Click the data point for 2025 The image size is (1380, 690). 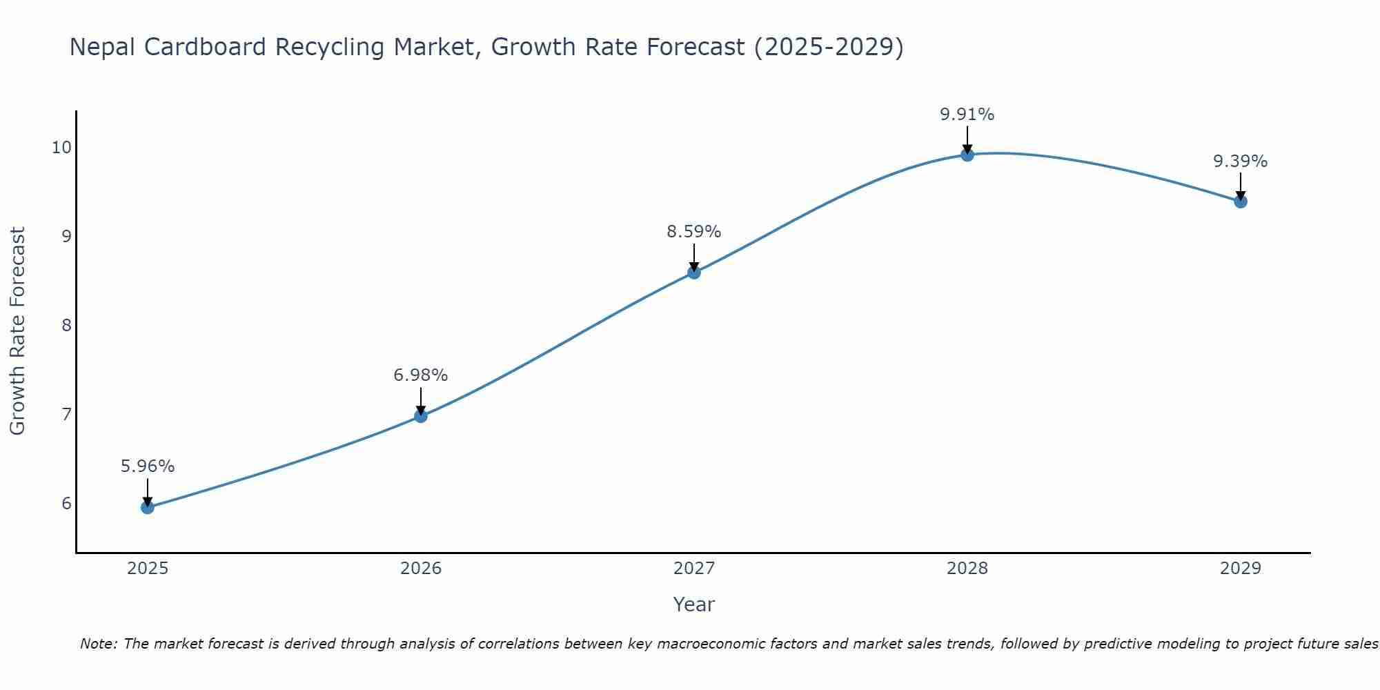(x=148, y=507)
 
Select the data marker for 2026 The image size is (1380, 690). (x=421, y=416)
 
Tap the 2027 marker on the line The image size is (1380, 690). (x=694, y=273)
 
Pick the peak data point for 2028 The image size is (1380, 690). (x=967, y=155)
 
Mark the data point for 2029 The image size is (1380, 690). (x=1241, y=201)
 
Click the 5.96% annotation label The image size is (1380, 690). (x=148, y=466)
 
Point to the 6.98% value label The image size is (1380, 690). (x=421, y=375)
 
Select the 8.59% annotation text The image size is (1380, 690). (x=694, y=232)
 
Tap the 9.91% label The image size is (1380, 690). (x=967, y=115)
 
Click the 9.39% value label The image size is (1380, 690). (x=1241, y=161)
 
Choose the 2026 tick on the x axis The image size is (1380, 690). (x=421, y=569)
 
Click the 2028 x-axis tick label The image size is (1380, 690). (x=967, y=569)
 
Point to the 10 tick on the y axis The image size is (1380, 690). (x=61, y=148)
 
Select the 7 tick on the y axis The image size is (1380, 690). (x=66, y=414)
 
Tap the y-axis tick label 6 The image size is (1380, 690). (x=66, y=503)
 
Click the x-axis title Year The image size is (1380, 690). (x=694, y=604)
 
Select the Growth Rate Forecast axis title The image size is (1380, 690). (x=17, y=331)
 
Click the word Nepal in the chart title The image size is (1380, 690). (x=102, y=47)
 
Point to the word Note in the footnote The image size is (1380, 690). (x=98, y=644)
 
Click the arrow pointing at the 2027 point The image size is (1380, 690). (x=694, y=257)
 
